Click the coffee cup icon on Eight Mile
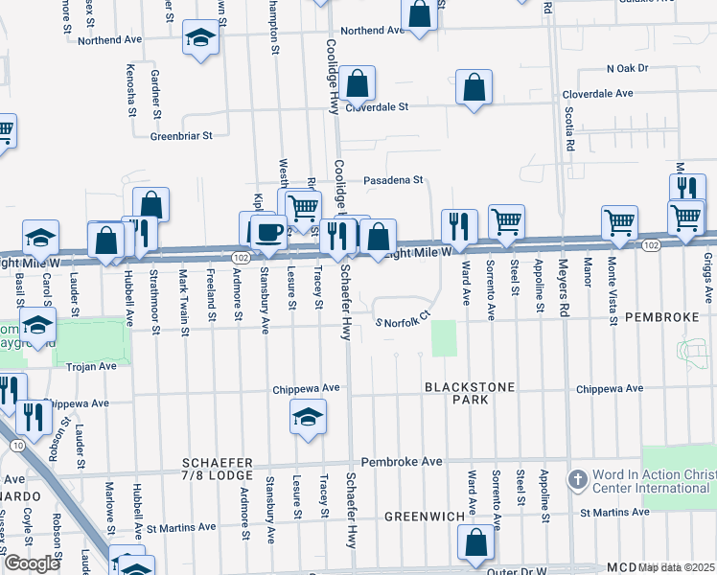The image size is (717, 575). tap(268, 231)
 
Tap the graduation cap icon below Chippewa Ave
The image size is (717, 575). tap(308, 417)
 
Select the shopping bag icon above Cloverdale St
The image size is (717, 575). tap(357, 84)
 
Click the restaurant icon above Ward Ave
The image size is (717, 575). tap(459, 226)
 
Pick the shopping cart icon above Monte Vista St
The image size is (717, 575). tap(619, 222)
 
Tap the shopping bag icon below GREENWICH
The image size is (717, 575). tap(475, 542)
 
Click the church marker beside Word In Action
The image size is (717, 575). tap(577, 478)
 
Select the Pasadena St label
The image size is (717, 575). tap(393, 180)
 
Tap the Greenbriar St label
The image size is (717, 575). tap(180, 136)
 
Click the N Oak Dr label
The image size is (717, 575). tap(627, 68)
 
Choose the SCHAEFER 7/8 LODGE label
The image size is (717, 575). tap(218, 470)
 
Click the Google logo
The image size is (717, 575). tap(32, 563)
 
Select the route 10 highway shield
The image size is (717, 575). tap(16, 446)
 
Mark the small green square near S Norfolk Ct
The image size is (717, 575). tap(443, 338)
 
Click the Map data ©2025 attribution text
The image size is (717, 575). tap(677, 567)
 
